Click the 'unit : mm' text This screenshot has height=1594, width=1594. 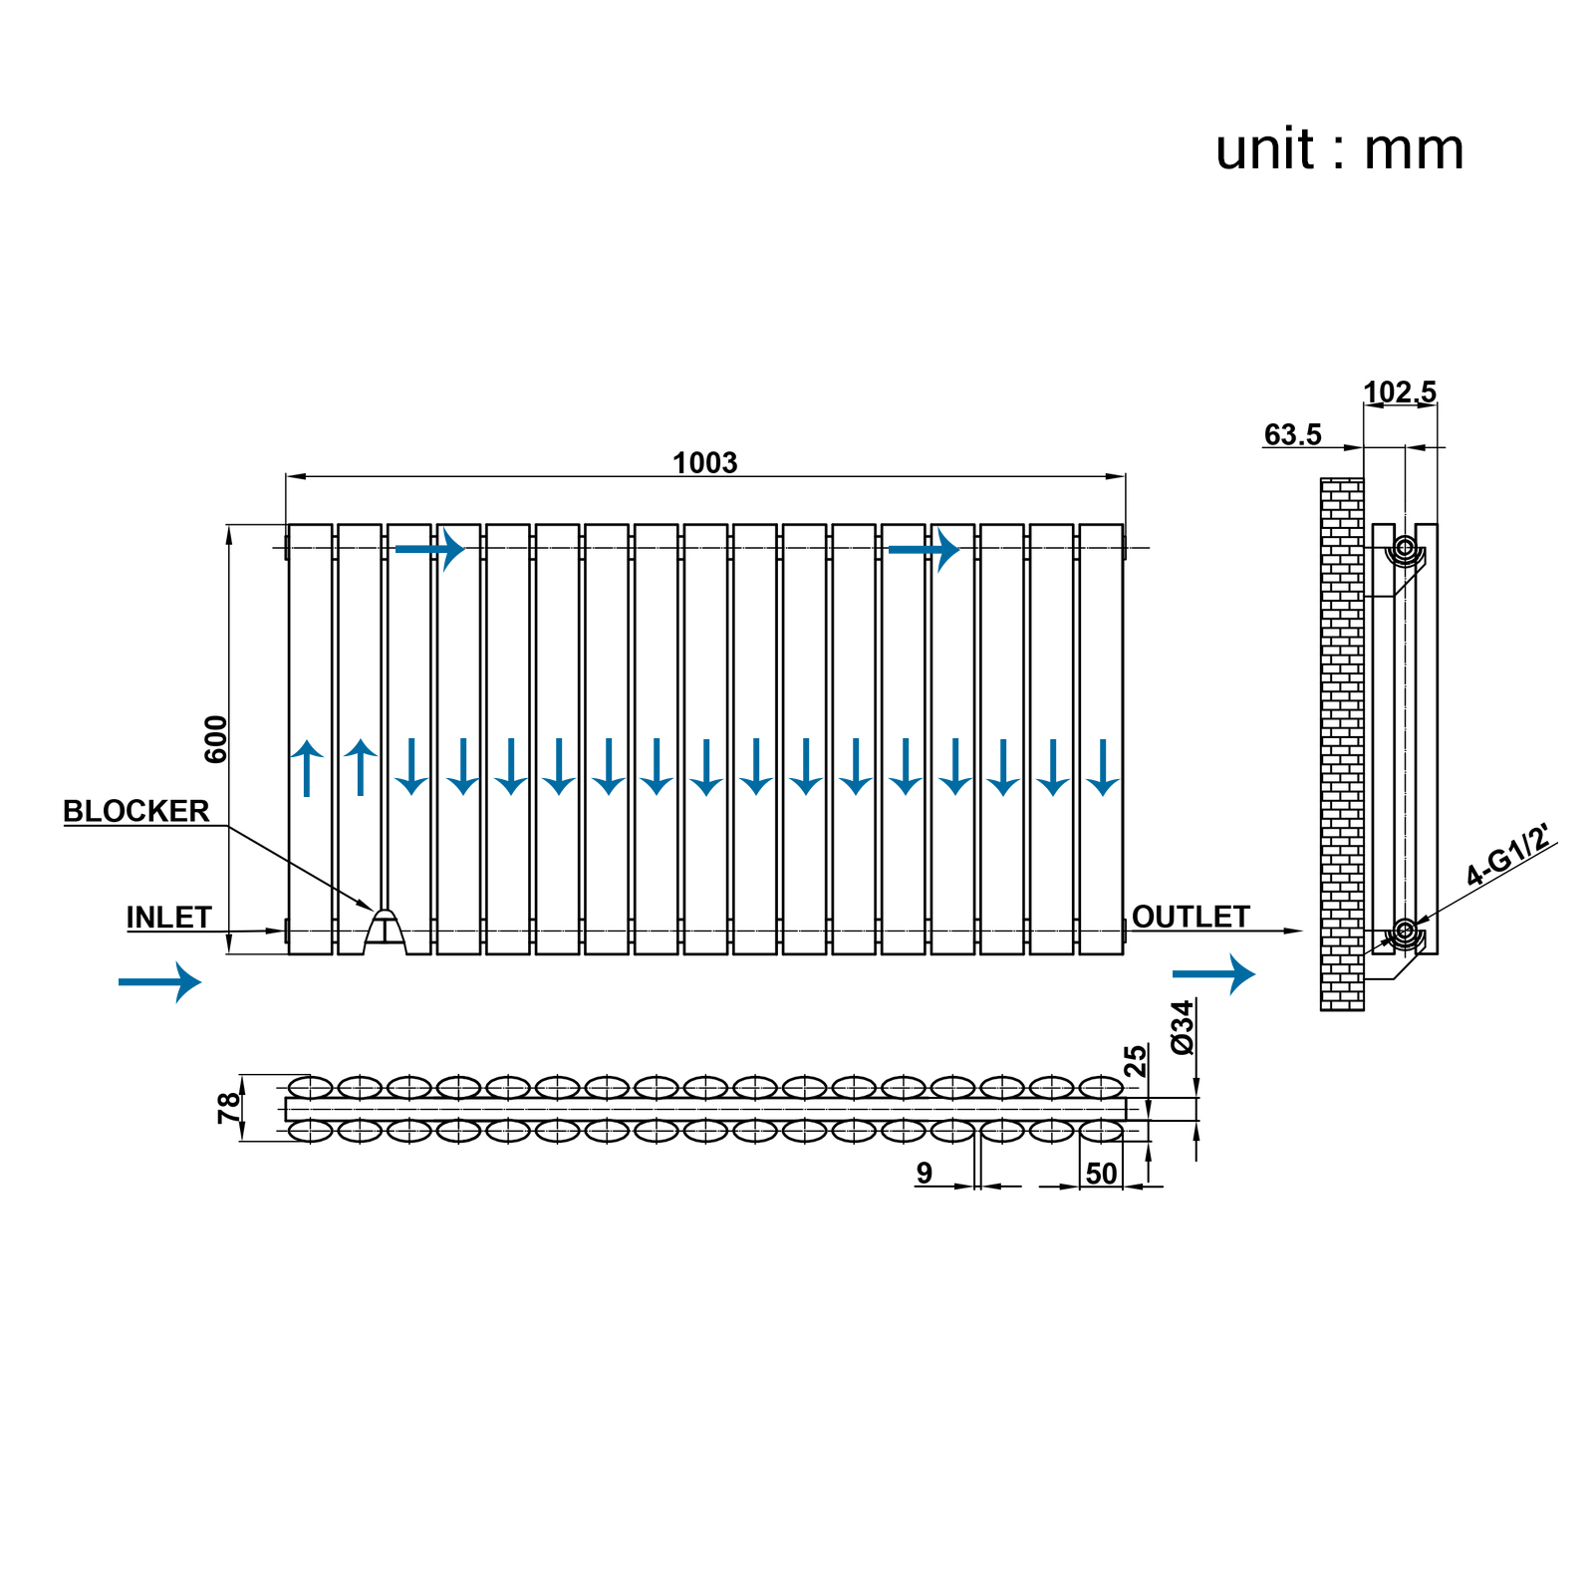[1339, 150]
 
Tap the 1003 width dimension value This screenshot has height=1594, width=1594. [704, 463]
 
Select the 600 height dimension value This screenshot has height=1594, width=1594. [216, 739]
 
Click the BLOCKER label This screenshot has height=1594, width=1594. [136, 811]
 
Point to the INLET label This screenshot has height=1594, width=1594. [168, 917]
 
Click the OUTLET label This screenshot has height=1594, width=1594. [1191, 917]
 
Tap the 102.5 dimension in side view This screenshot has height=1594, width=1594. [1400, 393]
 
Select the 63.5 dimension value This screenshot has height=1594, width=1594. [1292, 435]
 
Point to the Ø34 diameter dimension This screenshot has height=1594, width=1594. [1183, 1027]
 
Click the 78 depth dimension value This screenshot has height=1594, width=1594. [230, 1107]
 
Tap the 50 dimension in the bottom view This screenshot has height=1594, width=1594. [1101, 1174]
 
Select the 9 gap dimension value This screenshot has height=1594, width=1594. [925, 1174]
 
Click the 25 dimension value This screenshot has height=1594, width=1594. [1136, 1061]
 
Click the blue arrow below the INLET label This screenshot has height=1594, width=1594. [159, 982]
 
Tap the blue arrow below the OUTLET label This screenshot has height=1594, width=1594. [1213, 974]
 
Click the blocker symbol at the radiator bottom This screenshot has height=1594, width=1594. [385, 929]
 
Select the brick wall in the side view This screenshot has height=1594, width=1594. [1341, 744]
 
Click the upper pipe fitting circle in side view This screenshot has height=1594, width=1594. [1404, 548]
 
